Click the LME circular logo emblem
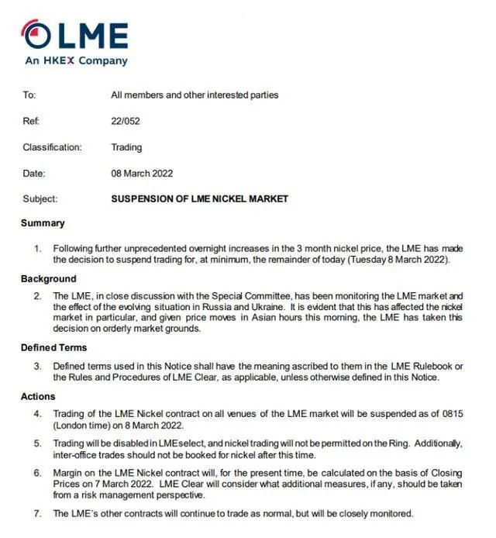pos(36,35)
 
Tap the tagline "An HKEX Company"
pos(76,60)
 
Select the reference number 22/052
pos(125,121)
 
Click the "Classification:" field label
pos(51,147)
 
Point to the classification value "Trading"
pos(126,147)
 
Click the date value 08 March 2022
pos(142,174)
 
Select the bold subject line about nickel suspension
pos(199,199)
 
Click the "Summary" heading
pos(43,223)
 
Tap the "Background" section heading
pos(48,278)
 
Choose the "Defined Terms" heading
pos(53,347)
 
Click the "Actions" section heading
pos(38,397)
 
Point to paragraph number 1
pos(37,249)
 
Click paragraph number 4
pos(37,414)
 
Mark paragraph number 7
pos(37,513)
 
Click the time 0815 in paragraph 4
pos(452,414)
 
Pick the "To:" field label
pos(29,95)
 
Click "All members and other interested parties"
pos(195,95)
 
